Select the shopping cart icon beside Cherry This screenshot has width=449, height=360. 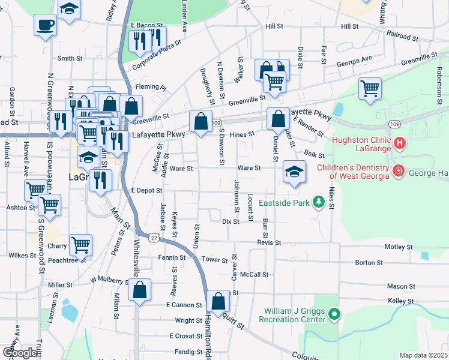coord(80,245)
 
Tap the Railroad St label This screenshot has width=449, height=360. coord(402,37)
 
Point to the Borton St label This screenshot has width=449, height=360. coord(369,263)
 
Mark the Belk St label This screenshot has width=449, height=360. coord(310,155)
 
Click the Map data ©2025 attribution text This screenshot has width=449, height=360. coord(423,355)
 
